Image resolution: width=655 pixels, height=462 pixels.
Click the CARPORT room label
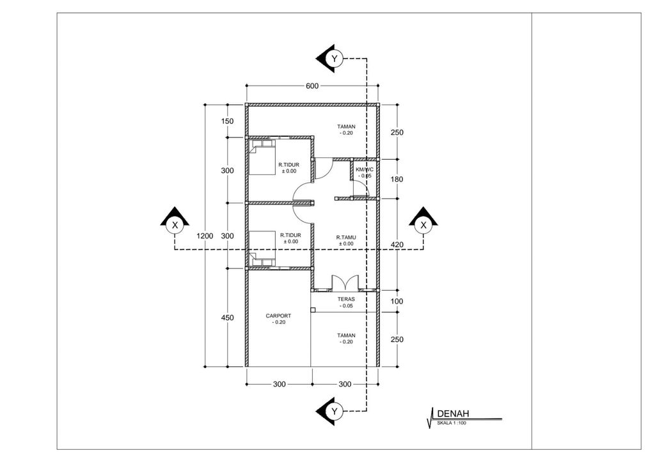[x=278, y=316]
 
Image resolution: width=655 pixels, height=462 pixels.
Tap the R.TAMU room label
[x=346, y=238]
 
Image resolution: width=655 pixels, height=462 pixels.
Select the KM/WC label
[x=364, y=170]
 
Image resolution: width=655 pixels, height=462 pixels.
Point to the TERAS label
[x=346, y=299]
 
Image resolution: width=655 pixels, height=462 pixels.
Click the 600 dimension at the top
[x=312, y=86]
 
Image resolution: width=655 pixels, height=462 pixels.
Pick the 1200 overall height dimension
[x=205, y=236]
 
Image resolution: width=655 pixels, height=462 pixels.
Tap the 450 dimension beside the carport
[x=227, y=318]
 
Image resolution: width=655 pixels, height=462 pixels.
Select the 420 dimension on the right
[x=397, y=244]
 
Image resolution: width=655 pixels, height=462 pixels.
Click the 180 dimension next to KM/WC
[x=397, y=180]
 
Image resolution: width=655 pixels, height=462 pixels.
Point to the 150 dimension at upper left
[x=227, y=121]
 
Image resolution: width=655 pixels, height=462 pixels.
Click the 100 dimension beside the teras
[x=397, y=302]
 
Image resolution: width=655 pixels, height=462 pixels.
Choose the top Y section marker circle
[x=334, y=58]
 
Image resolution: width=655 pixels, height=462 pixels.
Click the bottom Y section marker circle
[x=334, y=412]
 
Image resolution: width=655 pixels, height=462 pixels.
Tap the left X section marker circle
[x=175, y=226]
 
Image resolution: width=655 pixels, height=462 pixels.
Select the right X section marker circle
[x=423, y=226]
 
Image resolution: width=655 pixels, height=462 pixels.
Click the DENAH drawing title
[x=454, y=413]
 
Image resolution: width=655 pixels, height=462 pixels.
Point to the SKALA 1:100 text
[x=452, y=423]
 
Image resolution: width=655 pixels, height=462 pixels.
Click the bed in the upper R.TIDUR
[x=262, y=157]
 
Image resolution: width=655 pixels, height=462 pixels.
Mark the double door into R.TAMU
[x=345, y=282]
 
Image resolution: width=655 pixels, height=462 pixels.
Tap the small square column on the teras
[x=313, y=310]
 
